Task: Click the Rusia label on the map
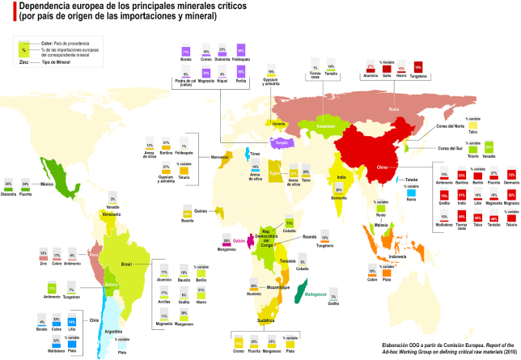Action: click(x=393, y=108)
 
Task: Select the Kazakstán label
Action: click(x=326, y=127)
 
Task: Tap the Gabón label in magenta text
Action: click(x=241, y=240)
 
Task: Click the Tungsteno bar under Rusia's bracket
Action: click(x=418, y=66)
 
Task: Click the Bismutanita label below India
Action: click(x=339, y=197)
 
